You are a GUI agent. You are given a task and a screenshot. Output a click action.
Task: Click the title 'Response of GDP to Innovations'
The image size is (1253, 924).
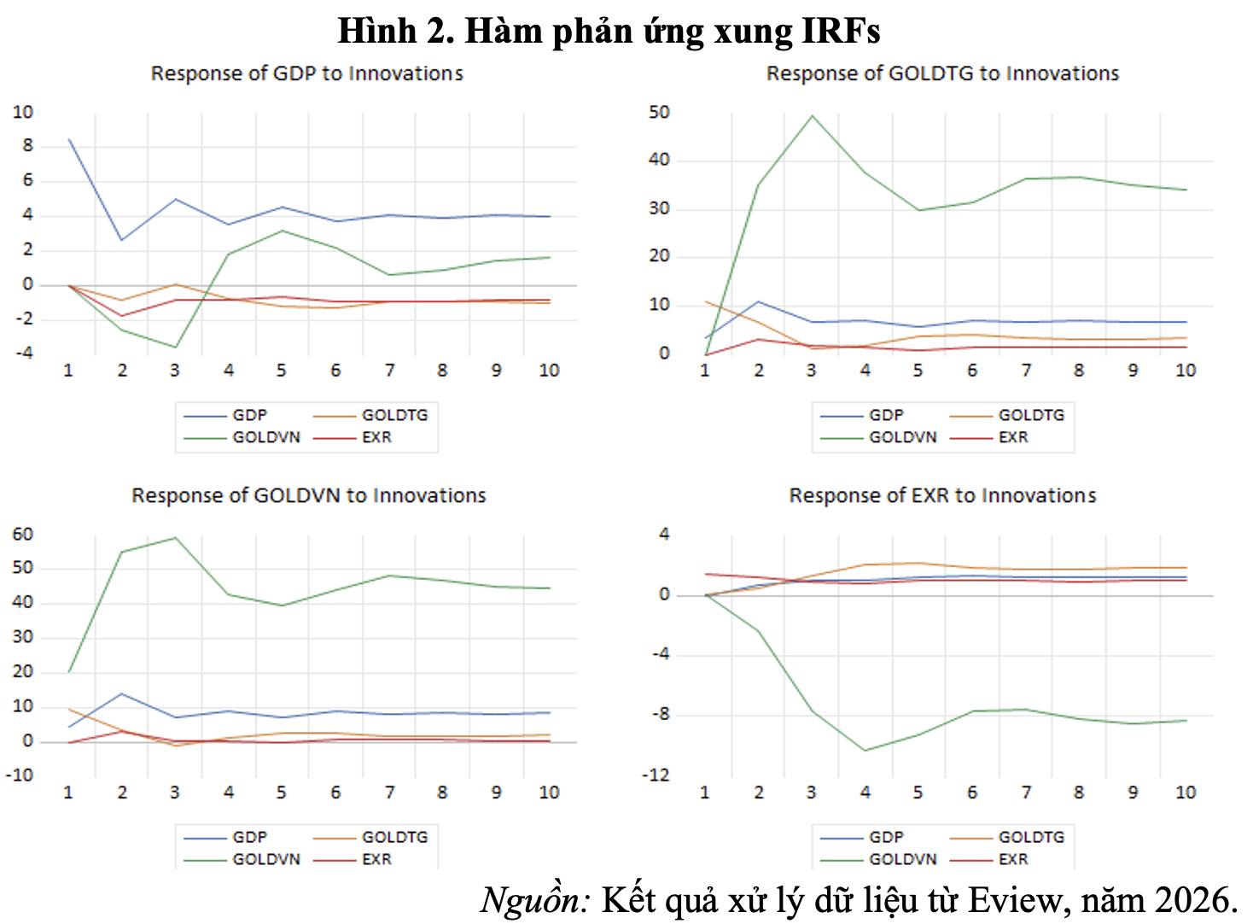(x=306, y=73)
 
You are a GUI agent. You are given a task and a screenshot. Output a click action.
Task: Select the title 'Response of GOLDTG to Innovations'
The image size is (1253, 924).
(x=942, y=73)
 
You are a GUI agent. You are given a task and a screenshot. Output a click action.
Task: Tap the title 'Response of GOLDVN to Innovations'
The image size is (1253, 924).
(x=308, y=495)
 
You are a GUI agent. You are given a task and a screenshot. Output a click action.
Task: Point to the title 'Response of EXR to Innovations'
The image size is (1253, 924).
(x=942, y=495)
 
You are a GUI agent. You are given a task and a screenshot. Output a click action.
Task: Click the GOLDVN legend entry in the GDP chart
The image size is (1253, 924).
(x=265, y=437)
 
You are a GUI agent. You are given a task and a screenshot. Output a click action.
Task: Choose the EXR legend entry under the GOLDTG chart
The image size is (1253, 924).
(x=1012, y=437)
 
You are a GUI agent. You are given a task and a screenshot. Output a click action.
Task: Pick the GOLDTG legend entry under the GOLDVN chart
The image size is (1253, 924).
(x=394, y=837)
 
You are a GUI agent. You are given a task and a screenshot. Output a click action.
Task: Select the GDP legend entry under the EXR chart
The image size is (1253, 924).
(x=885, y=837)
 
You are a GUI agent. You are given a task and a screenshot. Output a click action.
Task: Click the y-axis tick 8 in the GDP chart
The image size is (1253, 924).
(x=28, y=146)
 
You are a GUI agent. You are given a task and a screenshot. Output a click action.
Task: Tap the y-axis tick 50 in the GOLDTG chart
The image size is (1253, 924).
(x=659, y=112)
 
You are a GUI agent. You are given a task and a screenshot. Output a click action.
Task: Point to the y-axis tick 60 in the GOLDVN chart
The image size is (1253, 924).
(x=23, y=534)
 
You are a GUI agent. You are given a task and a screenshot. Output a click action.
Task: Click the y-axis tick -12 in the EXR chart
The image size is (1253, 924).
(x=656, y=775)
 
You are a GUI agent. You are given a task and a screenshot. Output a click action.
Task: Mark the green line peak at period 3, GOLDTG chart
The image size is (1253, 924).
(x=812, y=116)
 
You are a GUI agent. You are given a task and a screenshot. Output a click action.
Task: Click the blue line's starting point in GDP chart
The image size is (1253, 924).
(x=69, y=139)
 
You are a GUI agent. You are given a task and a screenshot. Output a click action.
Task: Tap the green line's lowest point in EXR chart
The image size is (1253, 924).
(x=865, y=751)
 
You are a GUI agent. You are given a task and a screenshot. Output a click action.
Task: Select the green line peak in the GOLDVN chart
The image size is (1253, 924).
(x=175, y=538)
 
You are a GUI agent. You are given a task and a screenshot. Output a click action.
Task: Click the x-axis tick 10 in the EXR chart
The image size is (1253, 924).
(x=1186, y=792)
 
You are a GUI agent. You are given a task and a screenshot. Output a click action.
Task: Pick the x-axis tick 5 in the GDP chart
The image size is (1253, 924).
(x=282, y=371)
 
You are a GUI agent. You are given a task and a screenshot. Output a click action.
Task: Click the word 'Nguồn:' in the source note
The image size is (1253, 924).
(x=535, y=900)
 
